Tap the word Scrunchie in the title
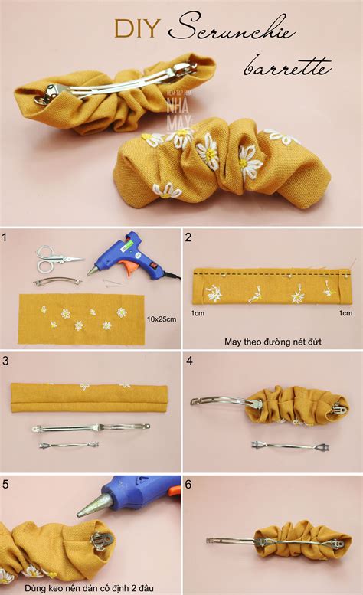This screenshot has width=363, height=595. (x=237, y=29)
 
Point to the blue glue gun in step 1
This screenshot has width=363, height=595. (x=126, y=253)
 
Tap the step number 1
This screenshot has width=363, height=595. (x=5, y=238)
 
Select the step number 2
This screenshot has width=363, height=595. (x=188, y=238)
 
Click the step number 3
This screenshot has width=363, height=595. (x=5, y=360)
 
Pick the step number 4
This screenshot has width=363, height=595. (x=188, y=360)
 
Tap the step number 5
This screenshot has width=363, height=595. (x=5, y=483)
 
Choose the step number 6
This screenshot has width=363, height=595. (x=188, y=483)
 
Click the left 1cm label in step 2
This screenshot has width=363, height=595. (x=198, y=312)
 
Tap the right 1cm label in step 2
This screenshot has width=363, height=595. (x=346, y=312)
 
